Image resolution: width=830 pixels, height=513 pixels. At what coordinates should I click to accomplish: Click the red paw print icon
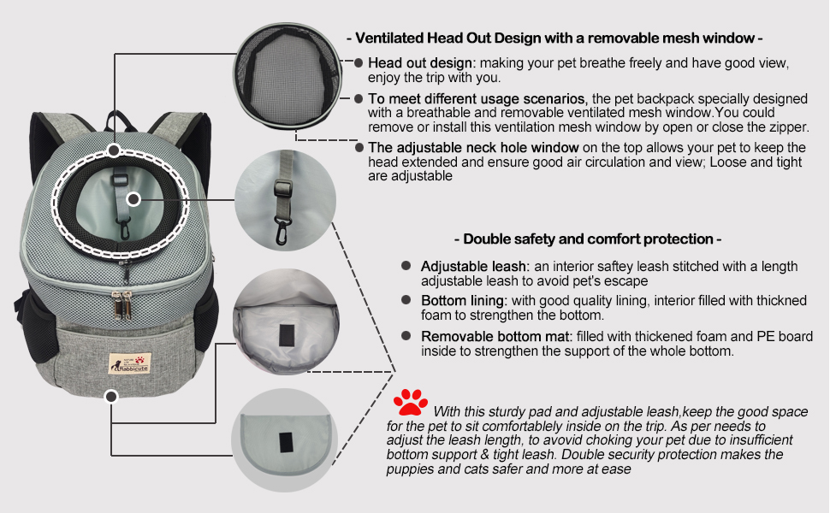pyautogui.click(x=411, y=403)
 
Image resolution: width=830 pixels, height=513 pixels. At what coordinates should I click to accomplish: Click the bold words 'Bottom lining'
pyautogui.click(x=464, y=301)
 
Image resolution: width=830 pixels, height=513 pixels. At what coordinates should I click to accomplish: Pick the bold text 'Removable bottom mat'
pyautogui.click(x=492, y=336)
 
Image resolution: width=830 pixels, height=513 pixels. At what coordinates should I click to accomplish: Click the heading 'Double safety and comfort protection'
pyautogui.click(x=587, y=239)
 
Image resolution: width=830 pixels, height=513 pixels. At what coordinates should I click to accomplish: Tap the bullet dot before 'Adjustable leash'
pyautogui.click(x=406, y=267)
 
